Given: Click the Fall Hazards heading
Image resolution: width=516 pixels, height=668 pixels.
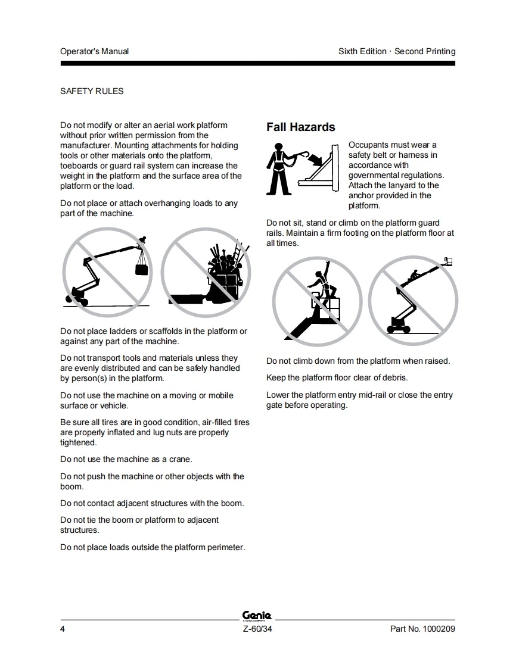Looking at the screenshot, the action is [301, 127].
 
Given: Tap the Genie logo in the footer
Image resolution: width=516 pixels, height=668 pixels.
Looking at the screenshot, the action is [257, 616].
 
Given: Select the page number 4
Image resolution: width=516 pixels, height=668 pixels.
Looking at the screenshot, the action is [62, 629].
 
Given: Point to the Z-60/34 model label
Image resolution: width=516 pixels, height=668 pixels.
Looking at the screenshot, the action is [257, 629].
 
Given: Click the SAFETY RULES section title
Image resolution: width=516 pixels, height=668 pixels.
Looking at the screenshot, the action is [92, 91].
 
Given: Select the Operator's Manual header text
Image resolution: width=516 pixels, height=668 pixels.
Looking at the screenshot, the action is [94, 52].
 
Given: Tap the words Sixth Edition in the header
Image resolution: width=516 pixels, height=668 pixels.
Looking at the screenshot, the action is [362, 52].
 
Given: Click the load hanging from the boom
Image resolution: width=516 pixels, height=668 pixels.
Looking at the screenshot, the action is [142, 270].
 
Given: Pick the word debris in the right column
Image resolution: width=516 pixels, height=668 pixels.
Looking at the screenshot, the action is [394, 378].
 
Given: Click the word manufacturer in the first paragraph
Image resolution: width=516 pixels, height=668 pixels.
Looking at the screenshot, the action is [86, 146].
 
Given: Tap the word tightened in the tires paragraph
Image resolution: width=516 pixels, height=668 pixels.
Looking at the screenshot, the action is [78, 442].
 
